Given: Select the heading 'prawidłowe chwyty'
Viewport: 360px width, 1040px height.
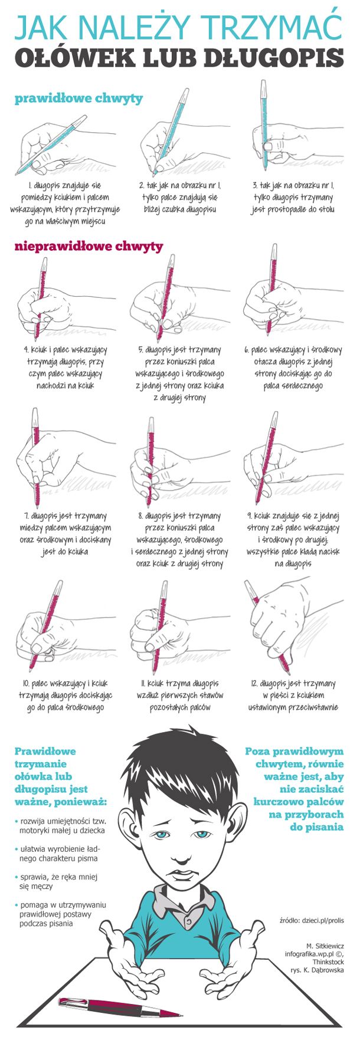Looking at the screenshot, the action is pyautogui.click(x=78, y=99).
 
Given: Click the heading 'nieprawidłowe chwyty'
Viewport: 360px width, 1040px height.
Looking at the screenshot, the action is pyautogui.click(x=89, y=246).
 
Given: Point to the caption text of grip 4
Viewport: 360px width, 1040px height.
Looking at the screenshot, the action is pyautogui.click(x=64, y=368).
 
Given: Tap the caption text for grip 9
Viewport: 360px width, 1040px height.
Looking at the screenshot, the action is pyautogui.click(x=293, y=540).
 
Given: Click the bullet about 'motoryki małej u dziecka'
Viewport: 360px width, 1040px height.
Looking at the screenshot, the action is pyautogui.click(x=60, y=826).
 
